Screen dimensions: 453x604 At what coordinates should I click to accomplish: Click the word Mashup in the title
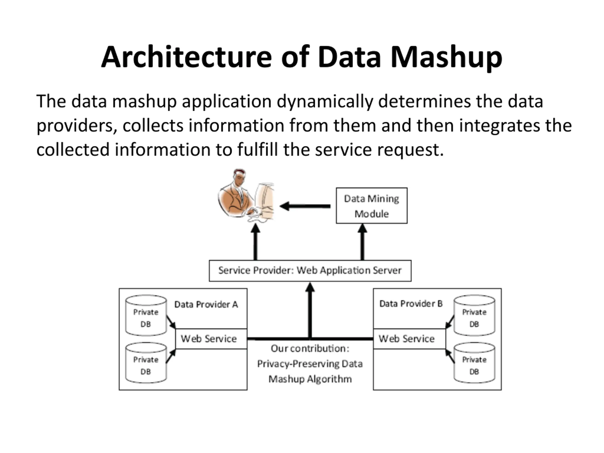pyautogui.click(x=446, y=57)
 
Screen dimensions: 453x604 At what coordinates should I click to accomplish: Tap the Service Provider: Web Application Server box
pyautogui.click(x=310, y=271)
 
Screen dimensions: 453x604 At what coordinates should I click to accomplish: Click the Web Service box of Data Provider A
pyautogui.click(x=211, y=339)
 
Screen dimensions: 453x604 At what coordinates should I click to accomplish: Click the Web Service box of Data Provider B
pyautogui.click(x=409, y=339)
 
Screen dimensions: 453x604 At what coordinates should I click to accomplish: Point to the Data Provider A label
pyautogui.click(x=206, y=304)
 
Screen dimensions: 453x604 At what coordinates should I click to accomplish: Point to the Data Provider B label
pyautogui.click(x=411, y=304)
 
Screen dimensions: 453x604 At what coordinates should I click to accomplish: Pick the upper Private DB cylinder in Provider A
pyautogui.click(x=146, y=316)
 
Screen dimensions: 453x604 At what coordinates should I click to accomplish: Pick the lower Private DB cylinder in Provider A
pyautogui.click(x=146, y=363)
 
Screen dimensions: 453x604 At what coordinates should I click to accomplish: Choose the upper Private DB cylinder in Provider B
pyautogui.click(x=474, y=316)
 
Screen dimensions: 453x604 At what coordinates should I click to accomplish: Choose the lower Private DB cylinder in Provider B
pyautogui.click(x=474, y=363)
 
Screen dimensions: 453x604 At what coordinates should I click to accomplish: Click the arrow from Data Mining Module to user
pyautogui.click(x=304, y=206)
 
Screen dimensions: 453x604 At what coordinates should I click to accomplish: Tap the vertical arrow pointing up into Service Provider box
pyautogui.click(x=310, y=310)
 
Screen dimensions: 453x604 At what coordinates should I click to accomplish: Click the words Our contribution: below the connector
pyautogui.click(x=310, y=349)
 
